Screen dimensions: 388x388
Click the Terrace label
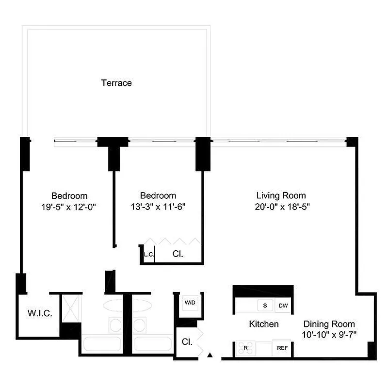tap(116, 83)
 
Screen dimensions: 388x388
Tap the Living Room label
tap(281, 195)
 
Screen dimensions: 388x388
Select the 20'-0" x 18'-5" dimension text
tap(281, 206)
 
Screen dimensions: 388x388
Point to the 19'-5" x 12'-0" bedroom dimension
tap(70, 206)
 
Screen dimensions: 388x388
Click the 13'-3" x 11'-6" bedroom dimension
tap(158, 206)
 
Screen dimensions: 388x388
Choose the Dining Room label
tap(329, 324)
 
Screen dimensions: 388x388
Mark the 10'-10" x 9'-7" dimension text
tap(329, 334)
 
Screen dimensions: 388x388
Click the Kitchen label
tap(264, 323)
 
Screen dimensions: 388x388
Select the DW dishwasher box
tap(283, 306)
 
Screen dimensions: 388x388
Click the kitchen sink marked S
tap(265, 306)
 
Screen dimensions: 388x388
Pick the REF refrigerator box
tap(283, 348)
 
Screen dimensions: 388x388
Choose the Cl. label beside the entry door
tap(187, 341)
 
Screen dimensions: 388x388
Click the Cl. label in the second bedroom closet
tap(178, 254)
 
